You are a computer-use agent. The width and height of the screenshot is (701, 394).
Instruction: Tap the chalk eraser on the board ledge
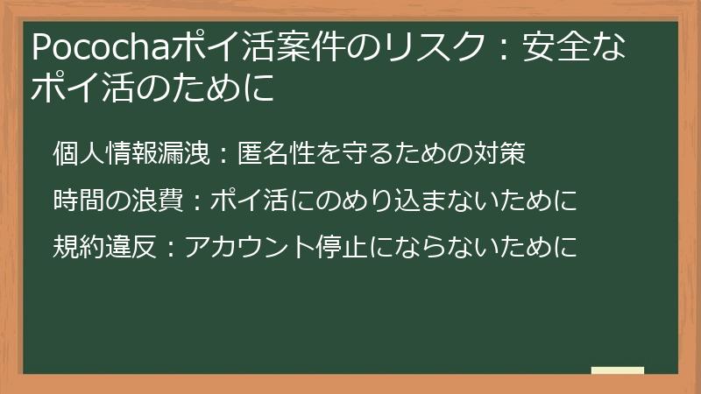coord(617,371)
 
